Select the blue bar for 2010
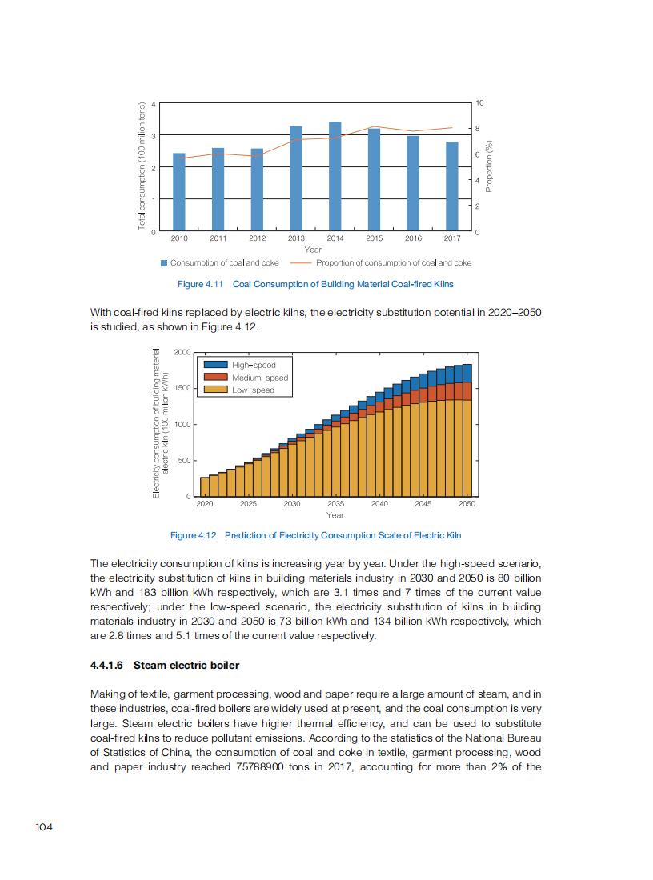pos(179,192)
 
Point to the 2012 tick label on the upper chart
pos(257,238)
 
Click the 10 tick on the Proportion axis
pos(480,104)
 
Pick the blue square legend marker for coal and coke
pos(164,262)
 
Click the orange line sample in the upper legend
pos(300,262)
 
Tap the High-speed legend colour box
pos(216,365)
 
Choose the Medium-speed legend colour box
pos(216,377)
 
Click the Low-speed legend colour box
pos(216,390)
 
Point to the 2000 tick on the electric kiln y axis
pos(182,353)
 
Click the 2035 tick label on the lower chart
pos(335,504)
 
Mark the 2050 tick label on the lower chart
pos(467,504)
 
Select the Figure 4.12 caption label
pos(194,535)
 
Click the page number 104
pos(44,827)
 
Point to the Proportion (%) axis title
pos(490,166)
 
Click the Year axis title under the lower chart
pos(335,515)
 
